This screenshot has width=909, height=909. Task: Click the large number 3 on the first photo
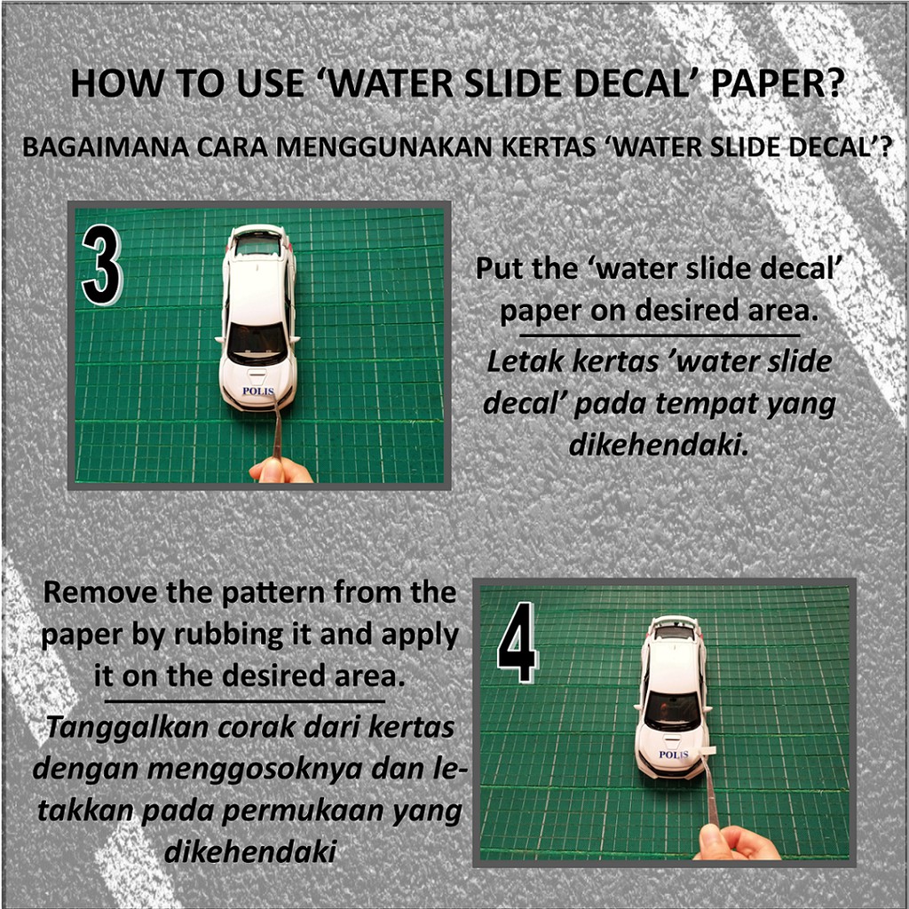(102, 265)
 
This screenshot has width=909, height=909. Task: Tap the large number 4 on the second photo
(518, 642)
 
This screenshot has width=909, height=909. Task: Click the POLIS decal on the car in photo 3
(258, 391)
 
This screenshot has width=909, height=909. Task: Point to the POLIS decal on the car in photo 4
(673, 755)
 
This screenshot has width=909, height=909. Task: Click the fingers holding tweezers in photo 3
(281, 470)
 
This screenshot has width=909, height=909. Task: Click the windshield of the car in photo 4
(672, 710)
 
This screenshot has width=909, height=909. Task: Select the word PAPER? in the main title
(776, 83)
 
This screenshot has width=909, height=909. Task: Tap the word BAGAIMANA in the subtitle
(107, 147)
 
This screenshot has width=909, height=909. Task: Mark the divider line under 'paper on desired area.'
(660, 335)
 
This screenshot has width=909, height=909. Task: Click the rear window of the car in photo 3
(258, 246)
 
